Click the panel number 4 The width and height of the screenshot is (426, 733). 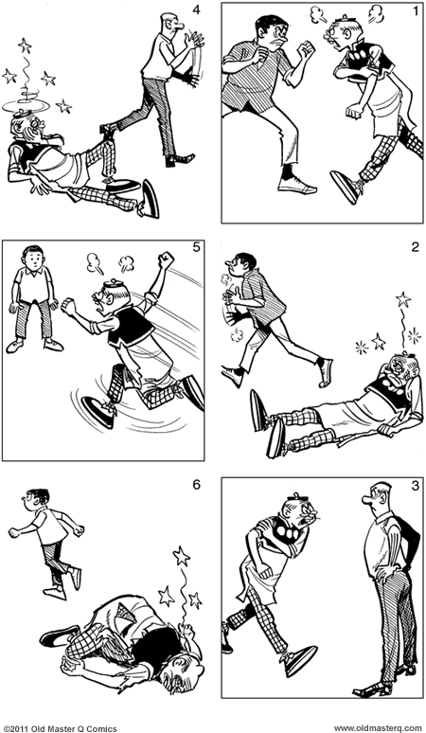click(196, 10)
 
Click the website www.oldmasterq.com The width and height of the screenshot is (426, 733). click(378, 726)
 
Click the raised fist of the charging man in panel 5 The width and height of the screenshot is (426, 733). click(168, 259)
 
